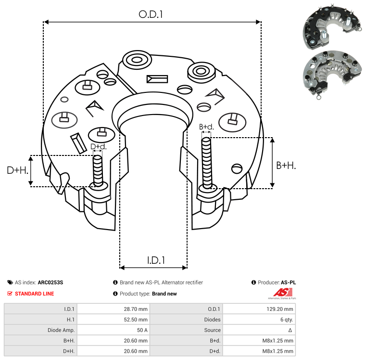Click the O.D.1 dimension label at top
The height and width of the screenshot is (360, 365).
151,14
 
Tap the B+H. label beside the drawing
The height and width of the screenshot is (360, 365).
286,165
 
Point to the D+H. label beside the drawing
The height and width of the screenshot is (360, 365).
18,170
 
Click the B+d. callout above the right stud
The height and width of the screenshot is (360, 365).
206,127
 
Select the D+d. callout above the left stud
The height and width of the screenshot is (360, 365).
98,146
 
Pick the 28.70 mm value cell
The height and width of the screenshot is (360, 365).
137,309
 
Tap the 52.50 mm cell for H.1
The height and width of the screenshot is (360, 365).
137,320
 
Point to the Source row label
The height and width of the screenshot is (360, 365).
212,330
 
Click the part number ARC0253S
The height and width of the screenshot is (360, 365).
50,283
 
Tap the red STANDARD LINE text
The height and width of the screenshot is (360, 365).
34,294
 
